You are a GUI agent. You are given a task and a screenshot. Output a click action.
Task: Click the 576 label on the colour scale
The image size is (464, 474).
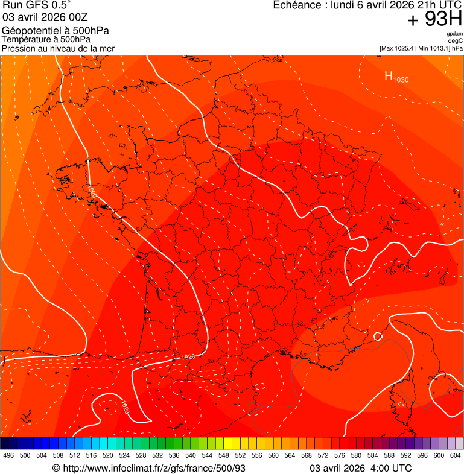340,455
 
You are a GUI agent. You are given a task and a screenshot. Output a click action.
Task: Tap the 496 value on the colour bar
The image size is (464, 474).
8,455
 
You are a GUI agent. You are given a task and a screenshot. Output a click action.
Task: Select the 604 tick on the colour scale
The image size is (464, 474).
456,455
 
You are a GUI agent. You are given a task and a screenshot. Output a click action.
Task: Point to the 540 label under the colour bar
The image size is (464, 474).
191,455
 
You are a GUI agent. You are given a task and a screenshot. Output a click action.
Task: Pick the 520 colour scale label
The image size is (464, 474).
108,455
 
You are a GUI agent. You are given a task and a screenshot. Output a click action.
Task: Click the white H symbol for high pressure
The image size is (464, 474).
389,76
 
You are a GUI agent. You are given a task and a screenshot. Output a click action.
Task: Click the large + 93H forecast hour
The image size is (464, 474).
434,20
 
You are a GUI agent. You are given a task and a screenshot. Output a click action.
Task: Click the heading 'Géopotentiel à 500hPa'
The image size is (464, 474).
56,31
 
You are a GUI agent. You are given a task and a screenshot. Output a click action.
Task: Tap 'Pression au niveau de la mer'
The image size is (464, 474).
58,48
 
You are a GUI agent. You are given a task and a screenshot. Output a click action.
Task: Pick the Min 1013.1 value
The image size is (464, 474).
436,48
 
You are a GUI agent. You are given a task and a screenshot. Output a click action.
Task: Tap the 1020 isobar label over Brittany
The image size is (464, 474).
92,192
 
